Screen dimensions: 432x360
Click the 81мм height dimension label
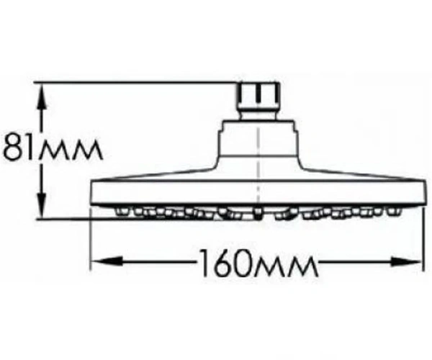53,147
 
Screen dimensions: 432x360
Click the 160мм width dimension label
258,263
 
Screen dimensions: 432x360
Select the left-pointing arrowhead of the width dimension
107,261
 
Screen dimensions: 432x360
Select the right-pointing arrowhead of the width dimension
405,262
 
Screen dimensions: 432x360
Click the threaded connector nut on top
258,96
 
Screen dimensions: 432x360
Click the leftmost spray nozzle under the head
122,211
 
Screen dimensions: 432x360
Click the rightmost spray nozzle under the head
394,211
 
